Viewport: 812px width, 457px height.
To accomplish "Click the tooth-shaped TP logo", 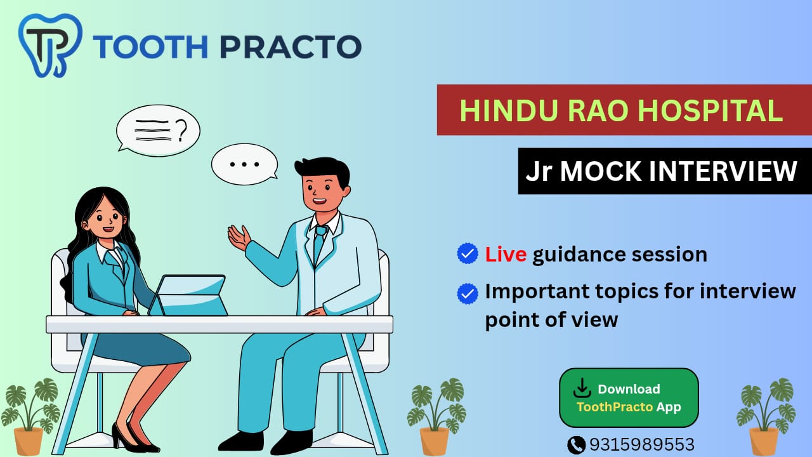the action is (50, 45).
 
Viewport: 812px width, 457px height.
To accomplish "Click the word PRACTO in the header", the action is (291, 47).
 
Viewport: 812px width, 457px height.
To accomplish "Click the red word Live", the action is (506, 254).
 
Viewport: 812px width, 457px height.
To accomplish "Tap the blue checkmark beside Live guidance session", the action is (468, 253).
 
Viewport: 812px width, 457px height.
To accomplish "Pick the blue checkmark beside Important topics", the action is (468, 293).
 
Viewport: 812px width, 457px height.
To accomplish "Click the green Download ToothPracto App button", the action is (629, 398).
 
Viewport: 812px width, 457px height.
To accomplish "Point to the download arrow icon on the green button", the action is (582, 388).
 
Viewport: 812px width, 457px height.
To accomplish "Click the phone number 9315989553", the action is (642, 444).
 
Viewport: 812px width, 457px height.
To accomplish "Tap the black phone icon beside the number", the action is (576, 445).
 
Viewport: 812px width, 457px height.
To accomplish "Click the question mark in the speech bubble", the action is (181, 131).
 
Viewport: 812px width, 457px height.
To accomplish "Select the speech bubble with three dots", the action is (245, 164).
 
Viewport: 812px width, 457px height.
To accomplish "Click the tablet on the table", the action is (188, 295).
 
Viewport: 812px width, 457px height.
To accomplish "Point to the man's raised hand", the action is (239, 237).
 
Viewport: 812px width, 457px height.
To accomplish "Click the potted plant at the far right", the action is (766, 417).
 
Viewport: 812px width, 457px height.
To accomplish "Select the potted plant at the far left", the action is (30, 417).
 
